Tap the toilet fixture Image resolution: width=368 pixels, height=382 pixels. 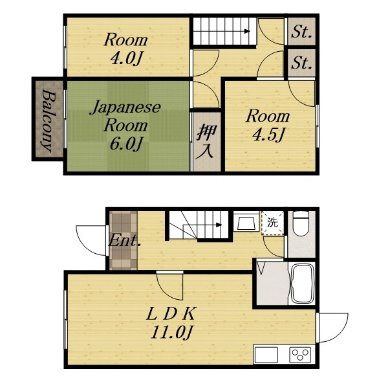[301, 223]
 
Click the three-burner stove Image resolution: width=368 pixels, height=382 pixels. [300, 354]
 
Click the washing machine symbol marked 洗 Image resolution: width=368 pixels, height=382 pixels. [272, 223]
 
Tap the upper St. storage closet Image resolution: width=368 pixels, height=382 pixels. [301, 32]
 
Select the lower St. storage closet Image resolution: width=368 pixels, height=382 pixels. [301, 63]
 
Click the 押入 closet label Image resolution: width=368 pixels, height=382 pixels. [206, 142]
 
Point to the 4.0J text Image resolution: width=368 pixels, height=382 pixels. [125, 59]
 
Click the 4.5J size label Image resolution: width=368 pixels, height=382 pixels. [268, 135]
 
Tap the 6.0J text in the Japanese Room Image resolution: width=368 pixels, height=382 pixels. [125, 144]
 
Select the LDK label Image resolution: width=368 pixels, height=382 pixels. [171, 314]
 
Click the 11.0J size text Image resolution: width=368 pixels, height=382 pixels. [171, 332]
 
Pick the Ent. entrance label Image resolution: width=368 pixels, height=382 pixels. [124, 242]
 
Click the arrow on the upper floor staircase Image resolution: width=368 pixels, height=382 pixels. [248, 31]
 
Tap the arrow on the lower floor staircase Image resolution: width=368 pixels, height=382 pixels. [219, 225]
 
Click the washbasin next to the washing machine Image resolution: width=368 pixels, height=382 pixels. [246, 222]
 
